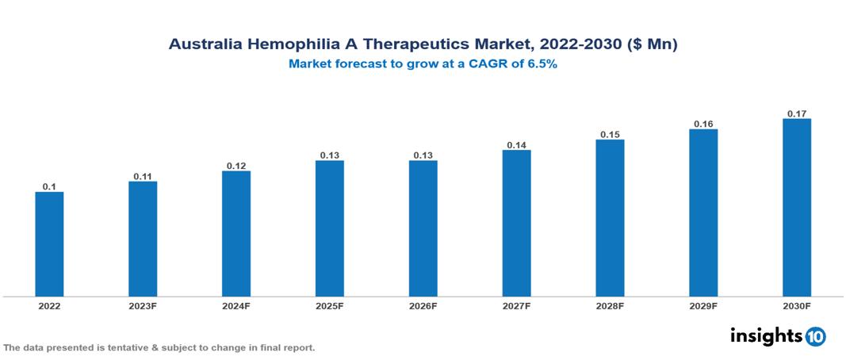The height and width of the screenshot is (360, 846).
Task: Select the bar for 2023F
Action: (x=143, y=239)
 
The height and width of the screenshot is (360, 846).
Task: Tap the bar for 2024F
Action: (x=236, y=234)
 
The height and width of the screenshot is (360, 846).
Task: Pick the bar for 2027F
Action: (x=516, y=223)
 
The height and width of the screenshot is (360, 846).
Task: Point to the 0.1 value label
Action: (x=49, y=186)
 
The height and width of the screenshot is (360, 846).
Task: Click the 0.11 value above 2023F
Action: (x=143, y=176)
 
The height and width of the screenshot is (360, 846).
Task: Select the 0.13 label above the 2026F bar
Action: (x=423, y=155)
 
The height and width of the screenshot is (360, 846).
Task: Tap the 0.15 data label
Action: (x=610, y=135)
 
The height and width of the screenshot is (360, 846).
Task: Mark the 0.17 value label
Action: (x=797, y=114)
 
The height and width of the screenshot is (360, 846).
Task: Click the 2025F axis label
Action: (x=330, y=306)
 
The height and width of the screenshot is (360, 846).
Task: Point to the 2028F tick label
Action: (x=610, y=306)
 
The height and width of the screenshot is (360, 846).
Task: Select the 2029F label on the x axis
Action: (x=703, y=306)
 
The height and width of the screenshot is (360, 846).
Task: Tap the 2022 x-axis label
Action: (x=49, y=306)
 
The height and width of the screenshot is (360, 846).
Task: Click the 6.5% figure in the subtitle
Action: (x=542, y=65)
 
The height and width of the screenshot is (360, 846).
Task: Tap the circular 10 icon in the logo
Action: (x=815, y=337)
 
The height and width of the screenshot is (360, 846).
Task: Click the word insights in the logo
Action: (x=766, y=336)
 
